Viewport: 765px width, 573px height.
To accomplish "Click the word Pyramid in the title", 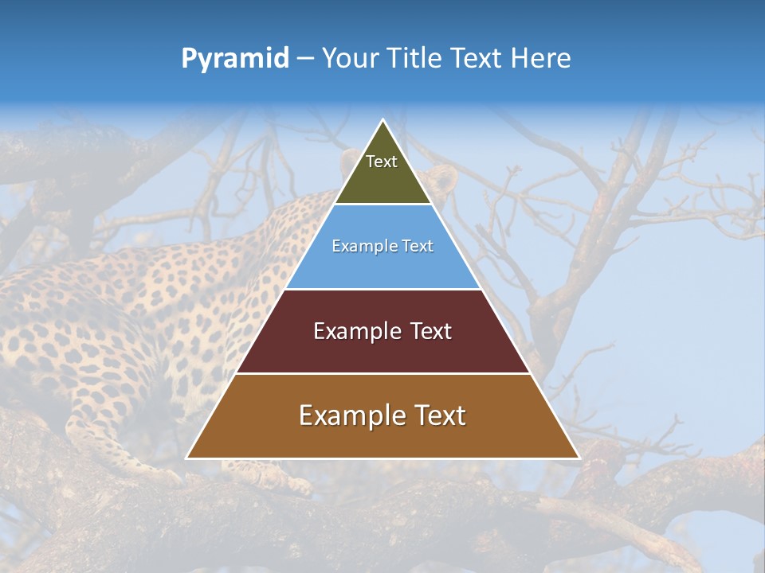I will (235, 59).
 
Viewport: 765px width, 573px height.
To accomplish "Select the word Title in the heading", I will (419, 59).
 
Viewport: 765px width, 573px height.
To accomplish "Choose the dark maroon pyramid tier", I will (382, 350).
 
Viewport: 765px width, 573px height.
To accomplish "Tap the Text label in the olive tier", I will (382, 162).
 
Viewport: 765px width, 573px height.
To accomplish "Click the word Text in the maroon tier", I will (431, 331).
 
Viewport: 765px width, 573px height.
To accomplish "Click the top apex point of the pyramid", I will (383, 120).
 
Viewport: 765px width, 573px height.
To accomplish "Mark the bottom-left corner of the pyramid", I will (187, 458).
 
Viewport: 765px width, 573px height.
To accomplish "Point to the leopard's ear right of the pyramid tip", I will (445, 177).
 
